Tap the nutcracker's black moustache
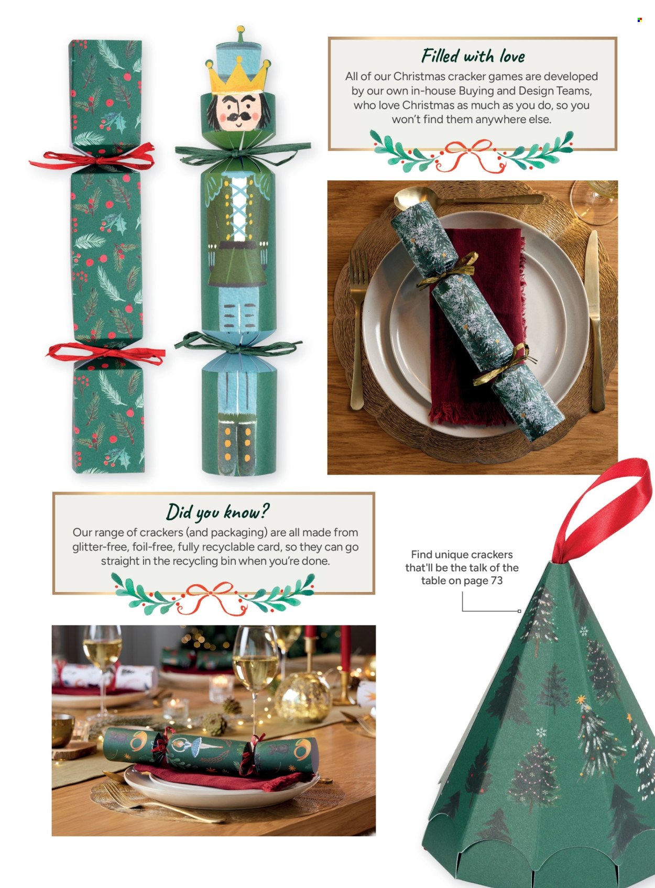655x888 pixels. click(238, 116)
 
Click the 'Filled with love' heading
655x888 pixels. click(473, 56)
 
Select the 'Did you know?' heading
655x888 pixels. click(217, 511)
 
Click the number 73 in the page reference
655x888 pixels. click(496, 580)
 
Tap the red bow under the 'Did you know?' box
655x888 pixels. click(212, 598)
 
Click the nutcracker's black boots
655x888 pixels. click(237, 447)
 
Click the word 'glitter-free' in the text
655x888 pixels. click(101, 547)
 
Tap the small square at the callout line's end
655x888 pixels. click(519, 611)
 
